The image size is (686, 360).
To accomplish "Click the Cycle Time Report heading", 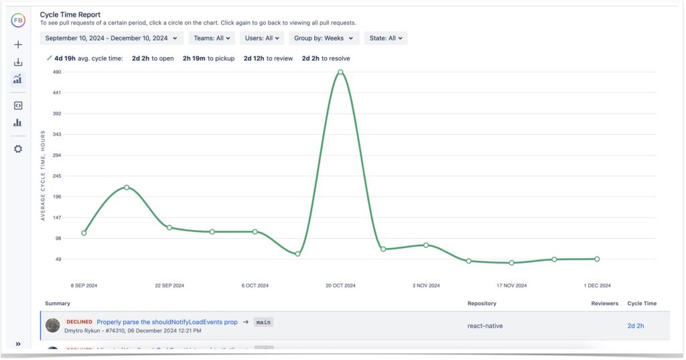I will point(70,14).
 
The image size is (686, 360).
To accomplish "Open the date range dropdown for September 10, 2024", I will point(111,38).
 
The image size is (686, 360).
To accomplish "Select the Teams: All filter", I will point(211,38).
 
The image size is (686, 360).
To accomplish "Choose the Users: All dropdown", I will point(262,38).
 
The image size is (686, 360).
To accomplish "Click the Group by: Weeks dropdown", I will point(324,38).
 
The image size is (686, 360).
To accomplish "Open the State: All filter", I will point(387,38).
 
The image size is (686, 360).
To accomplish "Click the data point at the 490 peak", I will point(340,72).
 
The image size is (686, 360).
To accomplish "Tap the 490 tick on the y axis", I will point(57,72).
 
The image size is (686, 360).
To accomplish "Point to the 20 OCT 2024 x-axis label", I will point(341,286).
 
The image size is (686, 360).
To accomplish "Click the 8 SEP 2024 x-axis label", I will point(84,286).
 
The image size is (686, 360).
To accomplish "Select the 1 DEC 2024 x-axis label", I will point(597,286).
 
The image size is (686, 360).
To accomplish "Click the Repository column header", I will point(482,304).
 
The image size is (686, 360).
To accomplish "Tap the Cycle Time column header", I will point(642,304).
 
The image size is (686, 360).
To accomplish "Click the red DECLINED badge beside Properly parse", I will point(79,322).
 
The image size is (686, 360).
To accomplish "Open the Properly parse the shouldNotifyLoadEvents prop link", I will point(167,322).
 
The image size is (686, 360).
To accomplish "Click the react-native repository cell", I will point(485,326).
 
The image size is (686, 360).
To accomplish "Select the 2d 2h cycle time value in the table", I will point(636,326).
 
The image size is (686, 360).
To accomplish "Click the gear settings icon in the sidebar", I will point(18,149).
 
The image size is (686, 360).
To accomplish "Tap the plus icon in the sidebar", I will point(18,45).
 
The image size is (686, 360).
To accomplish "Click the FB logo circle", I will point(18,20).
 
